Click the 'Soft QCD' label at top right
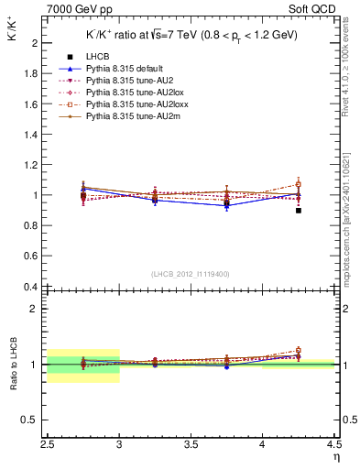pyautogui.click(x=315, y=10)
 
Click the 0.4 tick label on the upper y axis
pyautogui.click(x=34, y=287)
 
